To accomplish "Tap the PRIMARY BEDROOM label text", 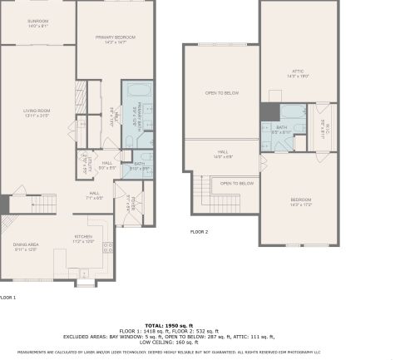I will click(x=116, y=39).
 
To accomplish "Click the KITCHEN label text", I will click(x=84, y=239).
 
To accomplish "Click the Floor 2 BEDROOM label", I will click(x=300, y=202).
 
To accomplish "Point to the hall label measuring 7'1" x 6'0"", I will click(x=94, y=195).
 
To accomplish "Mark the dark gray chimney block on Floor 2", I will click(x=268, y=112).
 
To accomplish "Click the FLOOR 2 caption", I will click(x=199, y=231).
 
